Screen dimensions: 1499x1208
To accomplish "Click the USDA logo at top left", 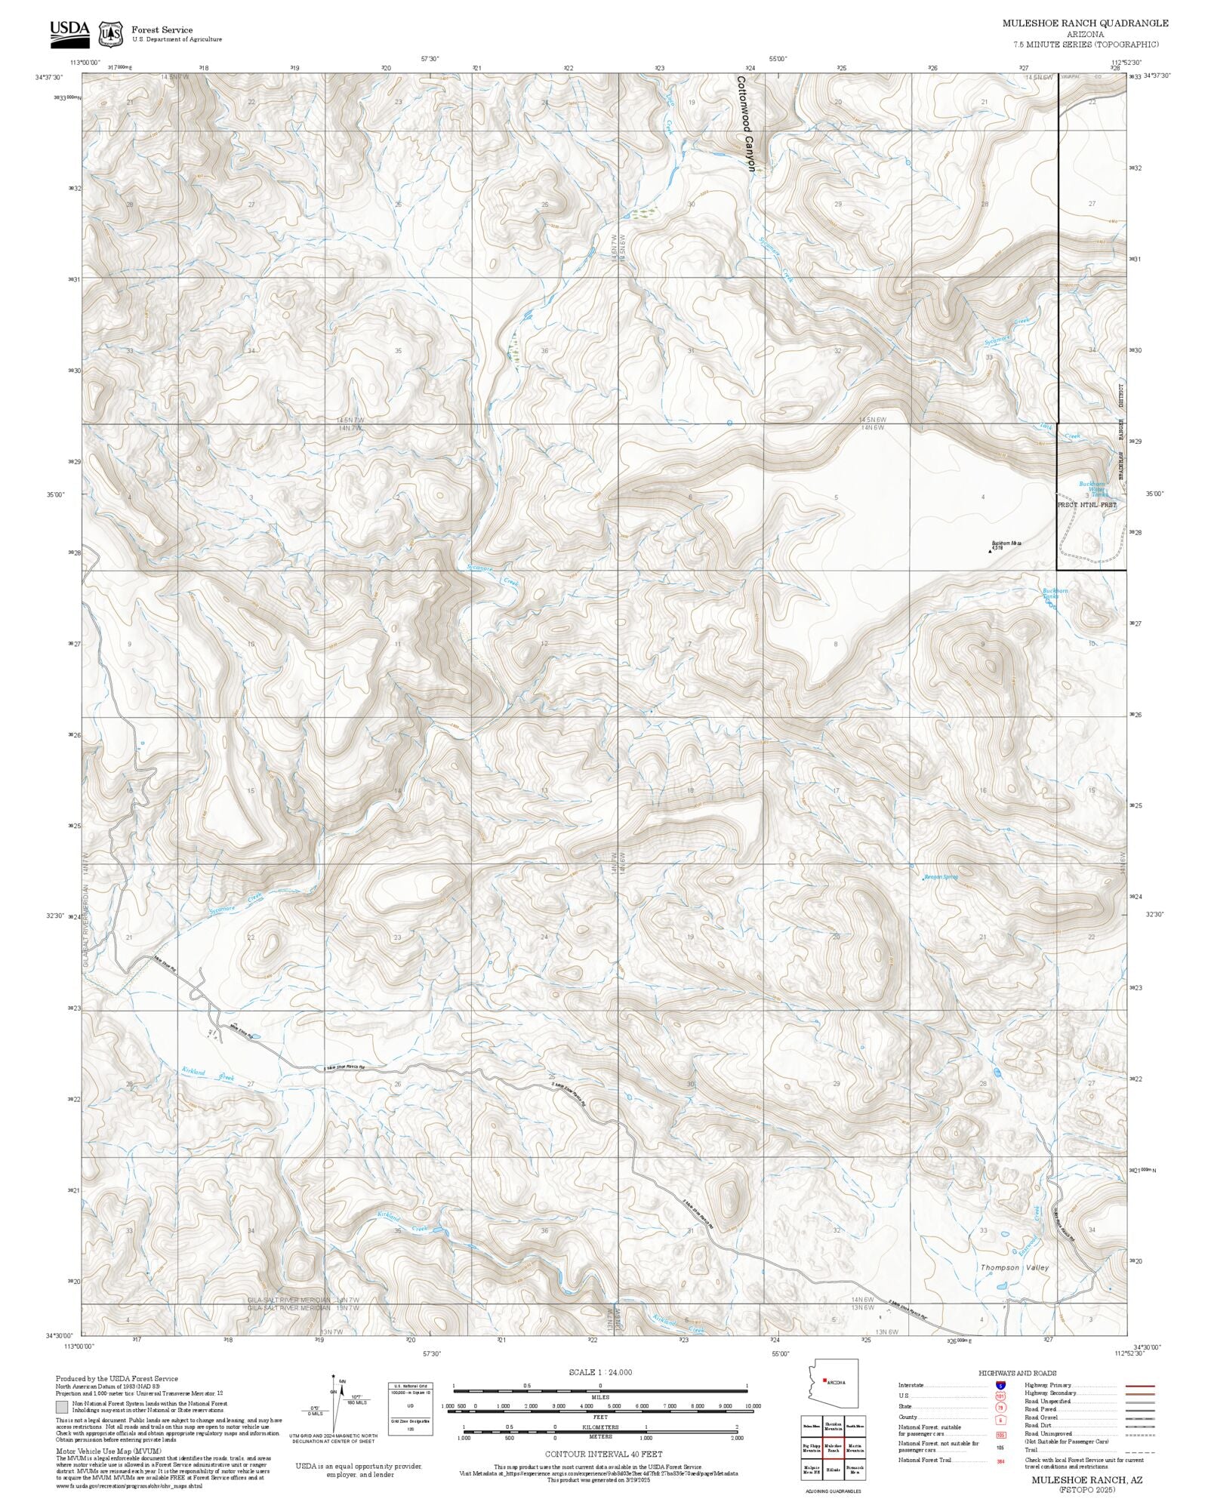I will tap(69, 32).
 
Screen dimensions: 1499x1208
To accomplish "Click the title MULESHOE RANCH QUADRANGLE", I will tap(1085, 23).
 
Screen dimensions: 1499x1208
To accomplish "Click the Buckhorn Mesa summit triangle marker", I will tap(990, 551).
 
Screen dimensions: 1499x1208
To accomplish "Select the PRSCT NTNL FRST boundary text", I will tap(1087, 505).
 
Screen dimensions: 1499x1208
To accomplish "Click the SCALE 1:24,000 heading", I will tap(600, 1372).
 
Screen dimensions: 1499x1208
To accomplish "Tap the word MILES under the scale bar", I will tap(600, 1397).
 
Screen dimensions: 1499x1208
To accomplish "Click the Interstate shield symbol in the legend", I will tap(1000, 1386).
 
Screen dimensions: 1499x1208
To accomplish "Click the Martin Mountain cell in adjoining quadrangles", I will tap(855, 1448).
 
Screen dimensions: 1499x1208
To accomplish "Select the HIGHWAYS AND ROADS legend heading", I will tap(1017, 1373).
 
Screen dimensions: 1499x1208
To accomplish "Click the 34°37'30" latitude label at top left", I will tap(48, 77).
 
